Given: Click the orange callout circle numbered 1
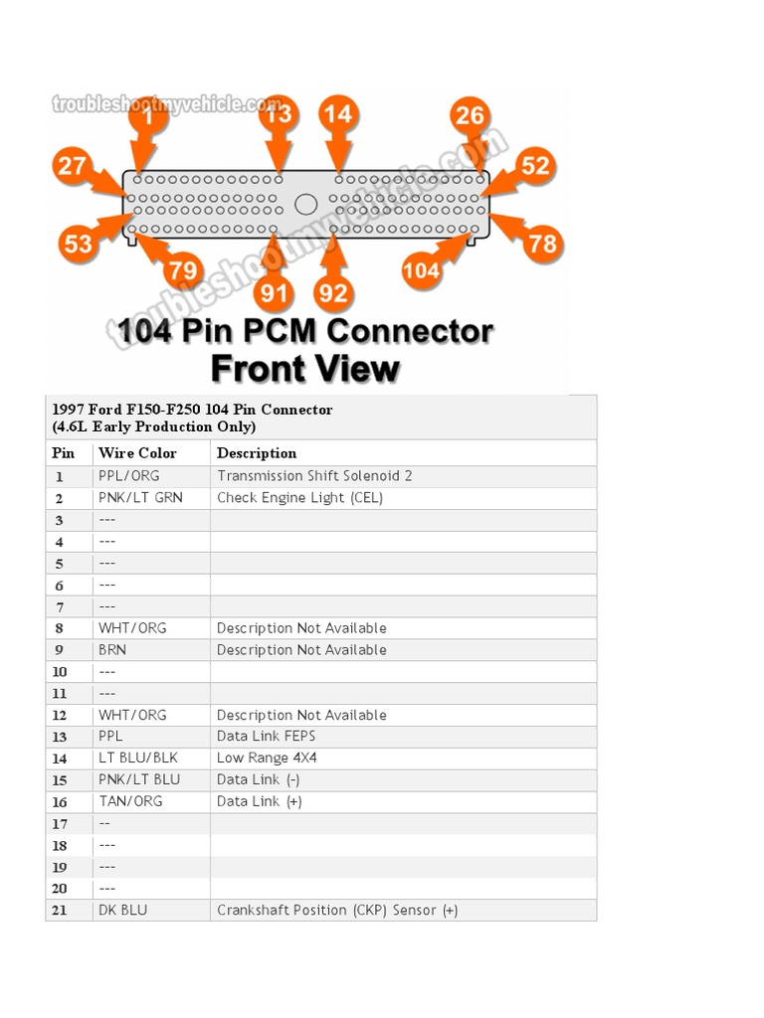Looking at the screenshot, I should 148,117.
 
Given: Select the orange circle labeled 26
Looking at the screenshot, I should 470,116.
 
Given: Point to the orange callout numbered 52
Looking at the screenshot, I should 534,164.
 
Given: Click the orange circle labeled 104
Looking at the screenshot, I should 422,269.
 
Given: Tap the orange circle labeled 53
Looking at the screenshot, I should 77,244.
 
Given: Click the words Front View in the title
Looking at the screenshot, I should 305,368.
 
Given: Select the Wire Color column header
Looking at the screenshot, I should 137,453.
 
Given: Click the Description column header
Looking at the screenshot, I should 257,453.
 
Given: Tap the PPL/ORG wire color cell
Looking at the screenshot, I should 128,476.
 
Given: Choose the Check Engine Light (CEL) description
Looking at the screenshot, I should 299,498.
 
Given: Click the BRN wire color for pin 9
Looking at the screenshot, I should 112,650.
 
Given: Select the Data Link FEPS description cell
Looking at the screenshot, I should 266,737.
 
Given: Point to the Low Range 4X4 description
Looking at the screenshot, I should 267,759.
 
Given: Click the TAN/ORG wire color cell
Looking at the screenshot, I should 130,801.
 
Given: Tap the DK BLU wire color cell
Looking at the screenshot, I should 122,910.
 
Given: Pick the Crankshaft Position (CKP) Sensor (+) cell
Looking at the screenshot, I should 337,910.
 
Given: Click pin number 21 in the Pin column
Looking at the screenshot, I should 60,911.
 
